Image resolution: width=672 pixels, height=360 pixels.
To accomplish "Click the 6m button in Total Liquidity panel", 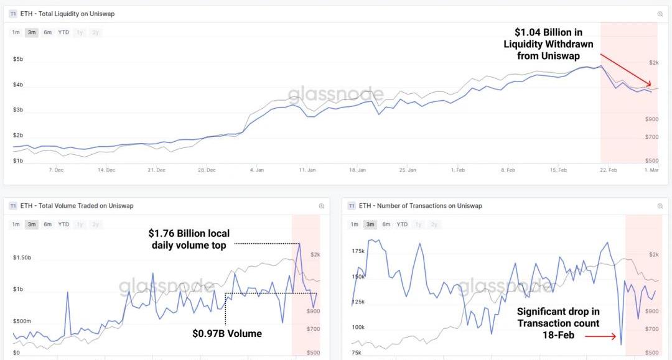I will tap(47, 32).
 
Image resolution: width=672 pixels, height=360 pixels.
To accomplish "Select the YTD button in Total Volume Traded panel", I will tap(63, 224).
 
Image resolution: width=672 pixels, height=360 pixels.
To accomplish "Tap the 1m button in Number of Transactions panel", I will tap(354, 224).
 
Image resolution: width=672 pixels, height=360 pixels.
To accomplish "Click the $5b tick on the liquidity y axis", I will tap(18, 60).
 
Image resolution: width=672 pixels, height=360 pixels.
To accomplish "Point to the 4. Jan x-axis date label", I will tap(256, 169).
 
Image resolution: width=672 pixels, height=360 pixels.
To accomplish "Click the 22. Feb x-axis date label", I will tap(609, 169).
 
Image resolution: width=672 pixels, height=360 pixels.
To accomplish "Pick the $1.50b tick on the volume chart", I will tap(22, 257).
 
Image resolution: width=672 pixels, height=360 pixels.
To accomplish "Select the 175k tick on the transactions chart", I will tap(358, 251).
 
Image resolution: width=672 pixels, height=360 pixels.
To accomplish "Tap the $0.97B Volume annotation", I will tap(227, 334).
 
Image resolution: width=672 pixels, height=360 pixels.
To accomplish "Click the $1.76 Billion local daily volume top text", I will tap(189, 239).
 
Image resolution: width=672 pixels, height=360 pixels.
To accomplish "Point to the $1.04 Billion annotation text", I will tap(548, 44).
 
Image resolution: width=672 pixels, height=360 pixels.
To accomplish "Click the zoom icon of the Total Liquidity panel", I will tap(660, 14).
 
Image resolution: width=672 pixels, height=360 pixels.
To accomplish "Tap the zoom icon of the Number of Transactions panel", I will tap(660, 206).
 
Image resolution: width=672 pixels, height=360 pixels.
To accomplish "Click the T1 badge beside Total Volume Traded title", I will tap(12, 206).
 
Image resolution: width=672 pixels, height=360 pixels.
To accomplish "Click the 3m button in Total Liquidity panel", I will tap(32, 32).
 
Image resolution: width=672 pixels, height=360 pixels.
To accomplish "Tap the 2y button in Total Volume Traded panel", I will tap(95, 224).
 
